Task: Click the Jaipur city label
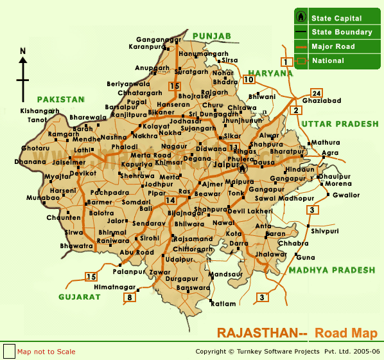(x=225, y=165)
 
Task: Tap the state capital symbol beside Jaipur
(x=243, y=168)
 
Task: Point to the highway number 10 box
(x=249, y=80)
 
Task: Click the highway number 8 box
(x=130, y=297)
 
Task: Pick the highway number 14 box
(x=170, y=201)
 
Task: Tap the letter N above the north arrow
(x=23, y=51)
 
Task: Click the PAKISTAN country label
(x=60, y=100)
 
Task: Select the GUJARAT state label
(x=80, y=297)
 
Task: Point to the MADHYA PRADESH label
(x=331, y=271)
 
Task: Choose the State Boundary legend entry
(x=341, y=32)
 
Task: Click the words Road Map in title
(x=346, y=333)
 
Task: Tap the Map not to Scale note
(x=46, y=352)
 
